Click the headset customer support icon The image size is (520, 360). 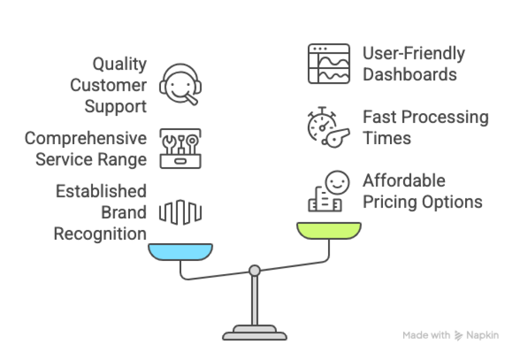(x=180, y=85)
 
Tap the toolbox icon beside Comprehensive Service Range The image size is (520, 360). (x=180, y=148)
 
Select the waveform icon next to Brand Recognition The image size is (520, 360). (x=180, y=212)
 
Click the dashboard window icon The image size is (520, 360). (x=329, y=64)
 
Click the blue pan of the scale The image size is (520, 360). (x=180, y=252)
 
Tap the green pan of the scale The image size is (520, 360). (x=329, y=231)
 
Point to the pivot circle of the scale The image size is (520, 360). (x=255, y=270)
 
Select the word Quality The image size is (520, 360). (x=119, y=64)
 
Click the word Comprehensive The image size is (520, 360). (x=86, y=138)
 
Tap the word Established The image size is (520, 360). (x=101, y=191)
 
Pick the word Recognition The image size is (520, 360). (x=100, y=234)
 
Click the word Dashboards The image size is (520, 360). (x=410, y=75)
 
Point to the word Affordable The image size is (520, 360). (x=404, y=181)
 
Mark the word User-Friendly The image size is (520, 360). (x=414, y=53)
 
